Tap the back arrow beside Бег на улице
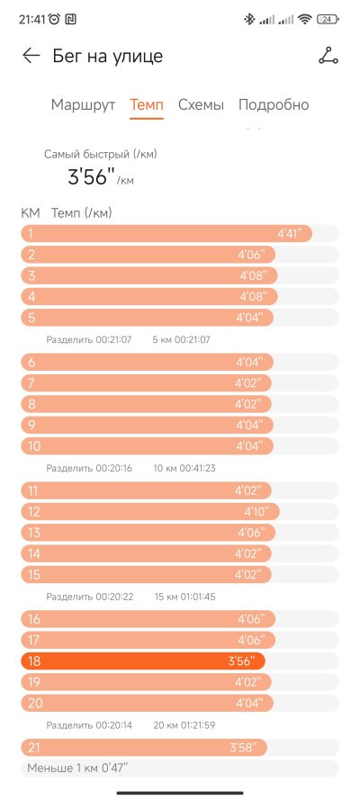click(31, 56)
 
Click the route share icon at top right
click(328, 55)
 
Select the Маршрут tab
click(83, 105)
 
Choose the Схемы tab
click(201, 105)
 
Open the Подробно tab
click(274, 105)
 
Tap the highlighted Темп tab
click(147, 105)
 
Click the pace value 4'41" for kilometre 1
click(290, 234)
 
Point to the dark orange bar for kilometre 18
click(143, 661)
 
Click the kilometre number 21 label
click(33, 748)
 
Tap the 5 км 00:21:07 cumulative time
click(182, 339)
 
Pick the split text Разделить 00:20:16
click(89, 468)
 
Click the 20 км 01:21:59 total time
click(184, 725)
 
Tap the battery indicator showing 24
click(328, 20)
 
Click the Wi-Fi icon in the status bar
click(305, 20)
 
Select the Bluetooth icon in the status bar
click(249, 20)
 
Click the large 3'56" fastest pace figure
click(91, 177)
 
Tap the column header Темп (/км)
click(82, 213)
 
